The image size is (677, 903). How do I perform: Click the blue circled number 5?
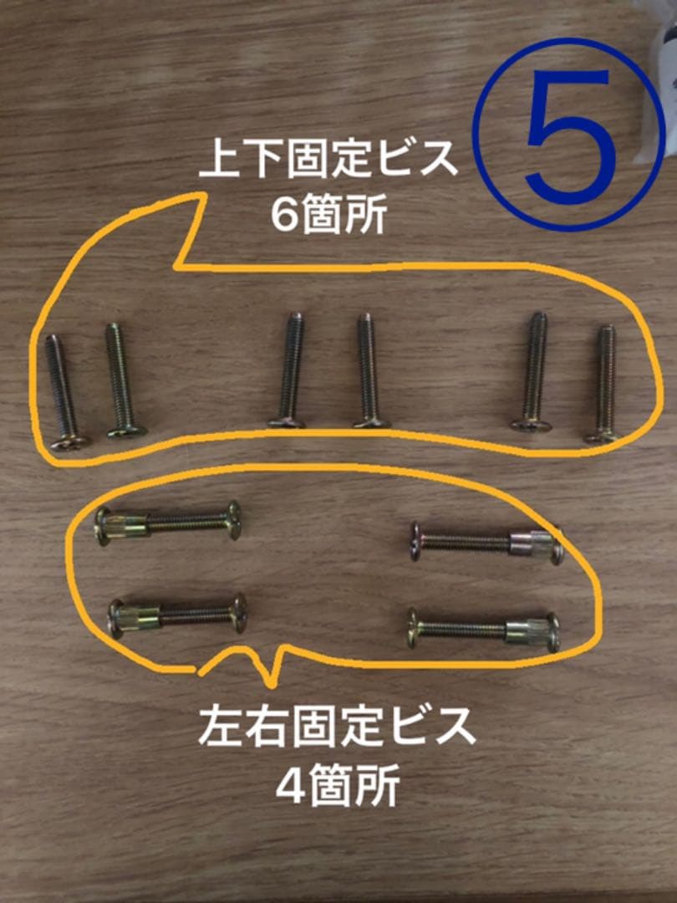point(568,133)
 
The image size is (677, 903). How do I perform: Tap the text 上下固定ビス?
point(328,161)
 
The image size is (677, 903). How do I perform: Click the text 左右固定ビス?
point(337,728)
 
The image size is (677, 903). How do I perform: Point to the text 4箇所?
point(337,785)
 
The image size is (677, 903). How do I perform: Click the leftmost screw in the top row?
point(61,390)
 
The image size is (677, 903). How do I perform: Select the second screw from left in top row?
point(121,380)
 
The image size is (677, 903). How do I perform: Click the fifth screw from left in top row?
point(533,372)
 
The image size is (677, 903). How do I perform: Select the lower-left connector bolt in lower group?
point(178,616)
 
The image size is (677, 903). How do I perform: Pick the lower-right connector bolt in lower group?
point(484,630)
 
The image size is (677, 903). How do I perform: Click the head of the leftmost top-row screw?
point(67,441)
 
